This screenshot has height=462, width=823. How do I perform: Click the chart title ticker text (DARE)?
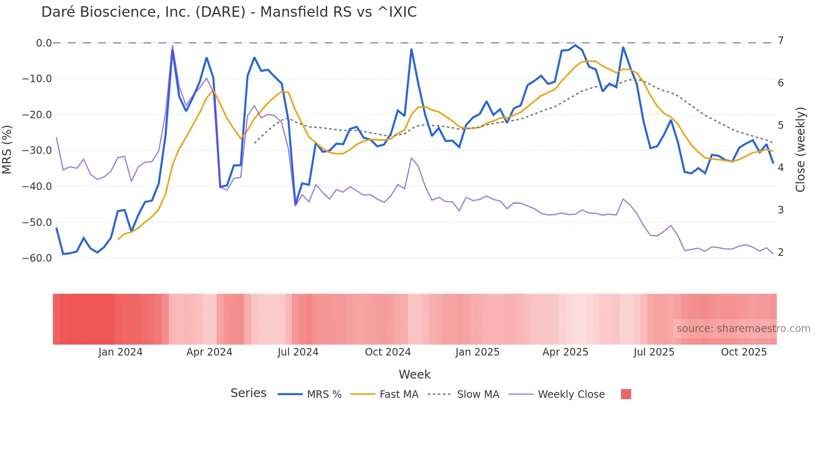pos(220,12)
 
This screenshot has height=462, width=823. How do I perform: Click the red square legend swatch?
pos(626,394)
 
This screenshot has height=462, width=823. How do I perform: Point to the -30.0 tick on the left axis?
pos(37,151)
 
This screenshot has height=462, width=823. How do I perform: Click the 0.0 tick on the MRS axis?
pos(44,43)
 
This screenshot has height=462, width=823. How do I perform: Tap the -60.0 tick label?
pos(37,258)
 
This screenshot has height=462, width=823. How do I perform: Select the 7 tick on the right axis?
pos(781,41)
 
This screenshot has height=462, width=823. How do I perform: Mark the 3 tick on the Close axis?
pos(781,210)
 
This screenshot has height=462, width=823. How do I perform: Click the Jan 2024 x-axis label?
pos(121,352)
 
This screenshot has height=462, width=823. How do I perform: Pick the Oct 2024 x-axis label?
pos(388,352)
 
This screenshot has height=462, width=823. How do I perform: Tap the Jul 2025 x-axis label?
pos(654,352)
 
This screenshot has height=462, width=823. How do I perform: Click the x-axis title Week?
pos(414,374)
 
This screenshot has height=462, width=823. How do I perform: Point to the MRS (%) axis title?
pos(7,150)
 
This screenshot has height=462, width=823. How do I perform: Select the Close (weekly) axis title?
pos(800,150)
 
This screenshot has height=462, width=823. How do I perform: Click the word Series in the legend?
pos(248,393)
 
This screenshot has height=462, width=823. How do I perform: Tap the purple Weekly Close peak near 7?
pos(173,46)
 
